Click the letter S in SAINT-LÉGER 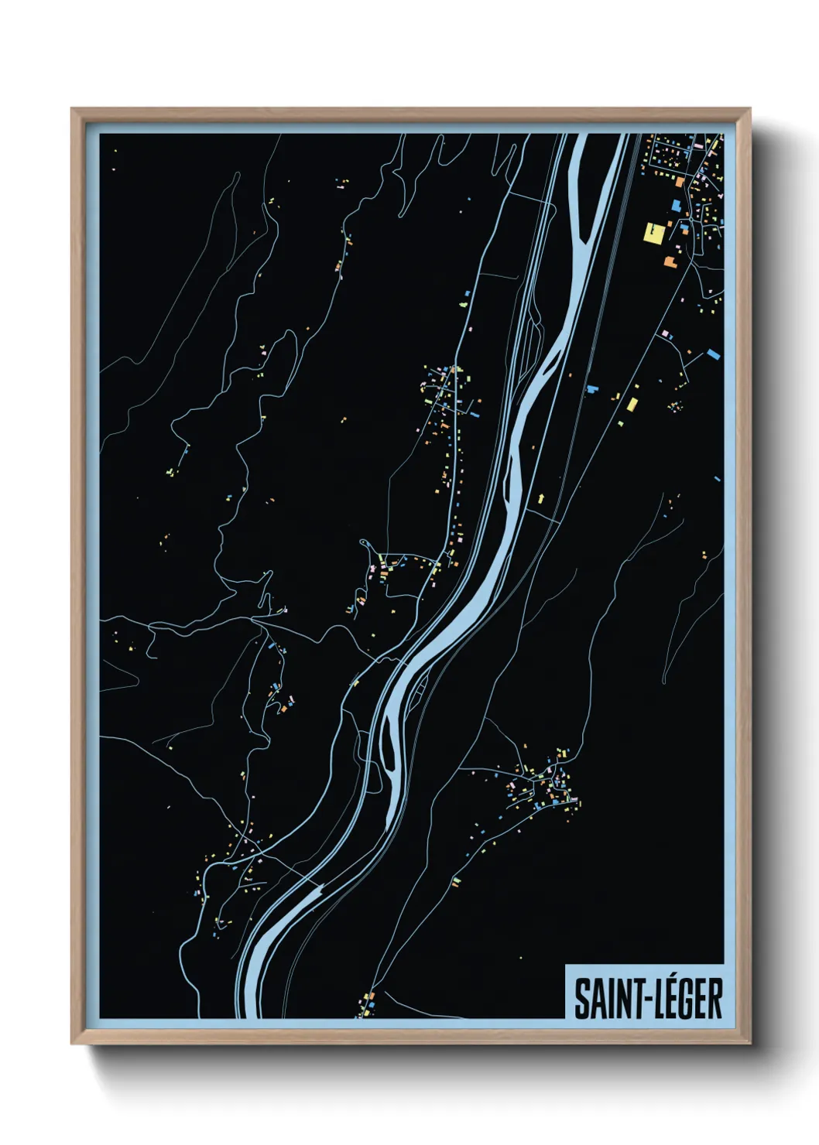pyautogui.click(x=581, y=999)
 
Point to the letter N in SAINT pyautogui.click(x=617, y=999)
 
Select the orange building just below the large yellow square pyautogui.click(x=669, y=261)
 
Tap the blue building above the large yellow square pyautogui.click(x=676, y=205)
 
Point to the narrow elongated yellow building pyautogui.click(x=632, y=404)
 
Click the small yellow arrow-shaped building pyautogui.click(x=540, y=497)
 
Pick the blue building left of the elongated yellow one pyautogui.click(x=594, y=388)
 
